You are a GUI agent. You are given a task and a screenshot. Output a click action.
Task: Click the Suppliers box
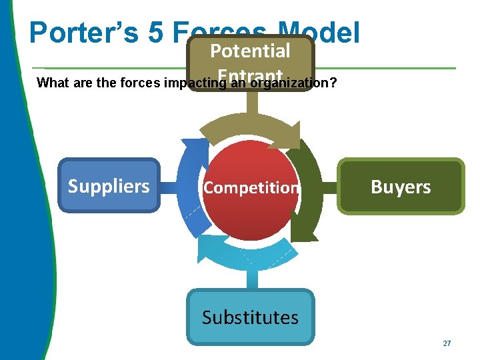(x=109, y=186)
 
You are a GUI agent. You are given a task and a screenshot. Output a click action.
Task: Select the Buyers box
(x=400, y=187)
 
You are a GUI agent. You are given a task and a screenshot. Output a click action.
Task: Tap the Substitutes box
(x=250, y=317)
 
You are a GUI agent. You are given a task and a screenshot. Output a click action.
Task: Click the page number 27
(x=447, y=343)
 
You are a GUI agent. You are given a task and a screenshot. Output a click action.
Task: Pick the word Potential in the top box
(x=250, y=51)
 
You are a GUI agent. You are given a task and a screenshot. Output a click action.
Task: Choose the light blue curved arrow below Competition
(x=250, y=252)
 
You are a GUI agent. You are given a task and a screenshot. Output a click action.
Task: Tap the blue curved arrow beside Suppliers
(x=190, y=187)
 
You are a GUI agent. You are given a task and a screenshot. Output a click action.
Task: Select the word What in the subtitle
(x=51, y=84)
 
